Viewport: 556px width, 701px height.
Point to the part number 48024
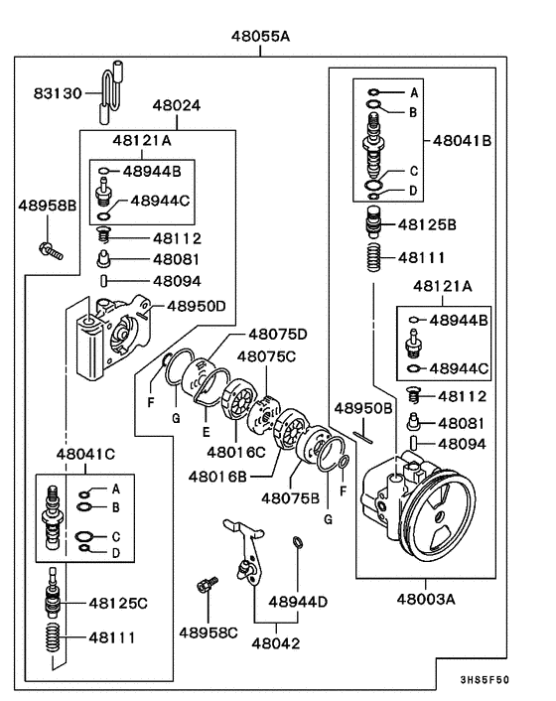pos(180,105)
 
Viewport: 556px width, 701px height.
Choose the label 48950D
pos(195,306)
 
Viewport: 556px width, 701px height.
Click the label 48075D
pos(277,334)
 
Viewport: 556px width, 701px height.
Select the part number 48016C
pos(236,453)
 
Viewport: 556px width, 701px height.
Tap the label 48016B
pos(219,476)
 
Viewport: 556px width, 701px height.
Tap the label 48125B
pos(427,225)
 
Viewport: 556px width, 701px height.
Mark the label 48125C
pos(118,603)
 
